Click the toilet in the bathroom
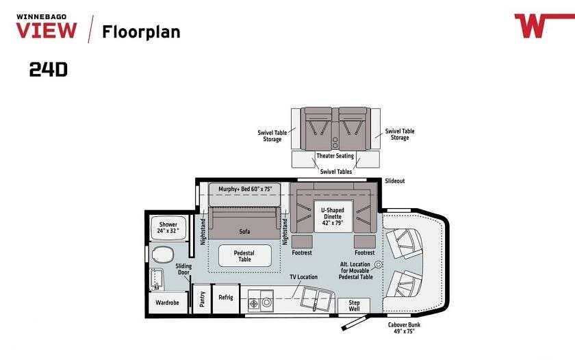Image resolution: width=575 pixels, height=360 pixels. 163,254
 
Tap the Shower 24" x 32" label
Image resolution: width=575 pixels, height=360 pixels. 168,227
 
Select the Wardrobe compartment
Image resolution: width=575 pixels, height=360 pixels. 168,303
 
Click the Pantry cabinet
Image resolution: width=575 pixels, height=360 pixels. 202,299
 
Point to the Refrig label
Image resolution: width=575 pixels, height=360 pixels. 226,297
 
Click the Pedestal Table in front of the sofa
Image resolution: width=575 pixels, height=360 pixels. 244,256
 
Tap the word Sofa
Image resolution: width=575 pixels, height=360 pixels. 244,231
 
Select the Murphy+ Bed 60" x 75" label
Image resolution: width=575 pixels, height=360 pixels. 245,189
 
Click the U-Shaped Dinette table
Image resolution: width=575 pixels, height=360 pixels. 333,216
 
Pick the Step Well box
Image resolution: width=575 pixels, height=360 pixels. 354,305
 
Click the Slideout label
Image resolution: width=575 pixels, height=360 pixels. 395,181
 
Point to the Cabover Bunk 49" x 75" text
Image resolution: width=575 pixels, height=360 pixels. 404,328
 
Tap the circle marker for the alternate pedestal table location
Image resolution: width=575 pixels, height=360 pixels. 379,264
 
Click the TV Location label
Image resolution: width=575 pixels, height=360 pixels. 304,277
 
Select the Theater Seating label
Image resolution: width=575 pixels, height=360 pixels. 335,156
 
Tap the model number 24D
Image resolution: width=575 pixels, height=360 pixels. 49,69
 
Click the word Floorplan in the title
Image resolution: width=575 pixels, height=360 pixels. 141,32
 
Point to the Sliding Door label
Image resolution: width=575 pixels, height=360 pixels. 183,269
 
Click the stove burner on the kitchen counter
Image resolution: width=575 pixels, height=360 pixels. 254,304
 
